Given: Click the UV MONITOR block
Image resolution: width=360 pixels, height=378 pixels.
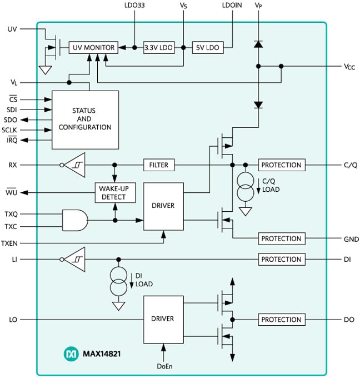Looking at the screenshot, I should tap(93, 48).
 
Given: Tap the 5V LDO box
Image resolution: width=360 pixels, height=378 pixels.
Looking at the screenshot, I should tap(208, 48).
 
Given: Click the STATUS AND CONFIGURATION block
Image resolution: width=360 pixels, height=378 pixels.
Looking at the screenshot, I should tap(85, 119).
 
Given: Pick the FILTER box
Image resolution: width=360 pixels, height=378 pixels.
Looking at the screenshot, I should tap(159, 165).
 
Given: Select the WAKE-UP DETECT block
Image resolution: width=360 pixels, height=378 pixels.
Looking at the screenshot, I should tap(115, 192).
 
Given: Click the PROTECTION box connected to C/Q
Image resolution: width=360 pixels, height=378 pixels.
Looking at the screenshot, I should tap(281, 165).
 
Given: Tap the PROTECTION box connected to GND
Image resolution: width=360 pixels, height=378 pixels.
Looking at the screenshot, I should tap(281, 239).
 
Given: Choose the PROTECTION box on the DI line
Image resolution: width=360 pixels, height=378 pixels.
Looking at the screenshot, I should tap(281, 260).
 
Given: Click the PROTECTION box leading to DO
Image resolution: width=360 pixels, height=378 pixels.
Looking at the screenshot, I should tap(281, 320).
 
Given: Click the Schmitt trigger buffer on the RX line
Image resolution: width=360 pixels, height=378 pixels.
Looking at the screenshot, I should tap(73, 165).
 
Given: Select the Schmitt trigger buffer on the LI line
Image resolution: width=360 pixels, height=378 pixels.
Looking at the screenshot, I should tap(73, 260).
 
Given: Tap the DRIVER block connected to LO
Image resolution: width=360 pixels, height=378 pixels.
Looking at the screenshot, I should tap(163, 319).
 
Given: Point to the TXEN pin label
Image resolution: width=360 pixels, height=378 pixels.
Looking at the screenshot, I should tap(11, 243).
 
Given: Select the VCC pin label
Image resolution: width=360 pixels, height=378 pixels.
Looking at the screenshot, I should tap(349, 67).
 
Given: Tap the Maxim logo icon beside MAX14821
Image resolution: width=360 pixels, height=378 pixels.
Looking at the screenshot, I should tap(71, 353).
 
